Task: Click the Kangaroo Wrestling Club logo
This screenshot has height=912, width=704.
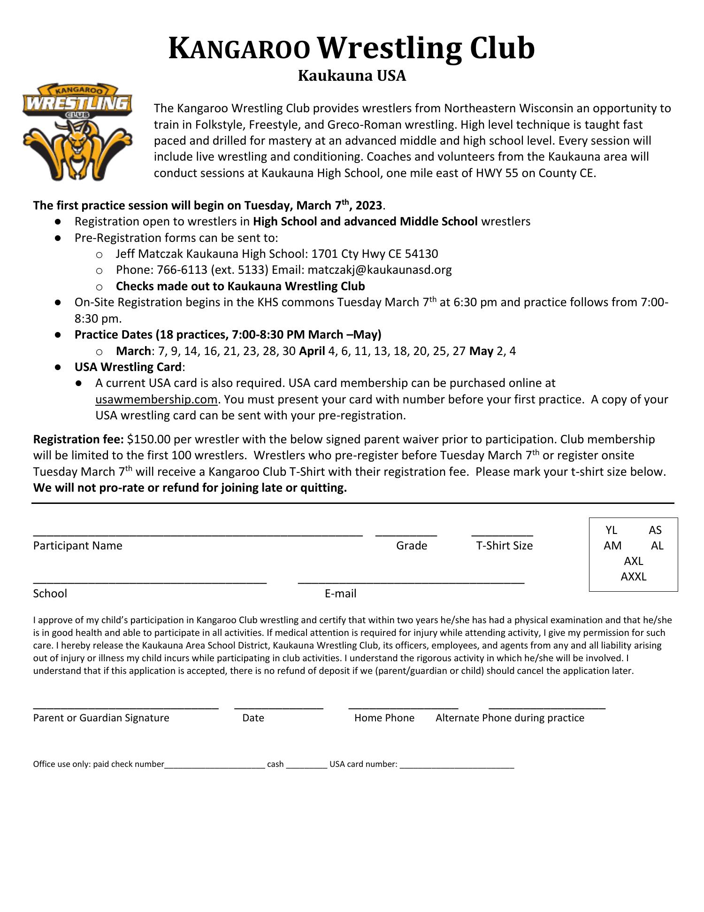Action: pos(77,132)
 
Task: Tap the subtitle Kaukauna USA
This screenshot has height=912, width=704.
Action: pos(352,76)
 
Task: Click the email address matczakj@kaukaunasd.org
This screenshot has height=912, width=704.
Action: pos(380,270)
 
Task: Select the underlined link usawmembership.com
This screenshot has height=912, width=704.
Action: pos(156,399)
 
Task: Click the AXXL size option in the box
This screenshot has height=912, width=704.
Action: pos(633,576)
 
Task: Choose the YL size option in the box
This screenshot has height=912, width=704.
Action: pos(611,530)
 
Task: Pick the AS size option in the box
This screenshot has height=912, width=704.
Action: pos(655,530)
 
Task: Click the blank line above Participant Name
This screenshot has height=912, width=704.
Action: pos(198,535)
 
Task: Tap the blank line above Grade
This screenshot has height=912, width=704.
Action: pos(406,535)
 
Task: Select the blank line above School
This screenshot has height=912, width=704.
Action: pos(150,583)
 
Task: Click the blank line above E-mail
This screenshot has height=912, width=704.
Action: pos(411,583)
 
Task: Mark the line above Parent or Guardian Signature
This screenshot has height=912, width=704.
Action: pos(126,707)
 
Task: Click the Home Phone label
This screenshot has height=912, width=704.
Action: pos(384,718)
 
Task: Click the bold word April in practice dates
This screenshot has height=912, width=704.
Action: pos(312,351)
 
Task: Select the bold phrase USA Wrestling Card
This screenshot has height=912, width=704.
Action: pos(128,367)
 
